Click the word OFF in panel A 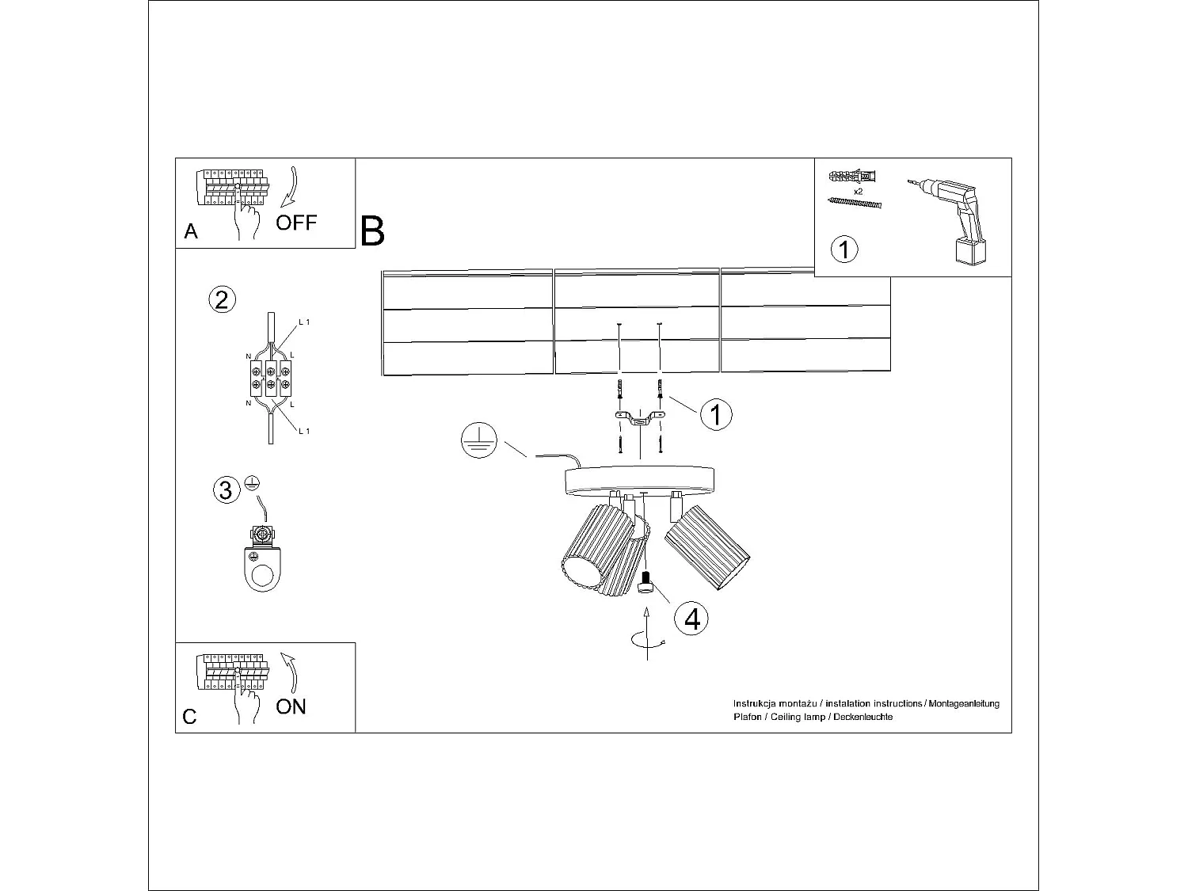[x=296, y=223]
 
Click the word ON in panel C [x=291, y=706]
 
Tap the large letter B [x=372, y=231]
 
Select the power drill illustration [x=952, y=218]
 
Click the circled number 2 [x=222, y=299]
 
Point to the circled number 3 [x=226, y=489]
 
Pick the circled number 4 [x=691, y=619]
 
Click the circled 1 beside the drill [x=844, y=249]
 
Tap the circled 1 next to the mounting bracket [x=716, y=414]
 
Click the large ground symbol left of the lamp [x=478, y=441]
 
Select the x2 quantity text [x=858, y=192]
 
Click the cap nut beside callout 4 [x=645, y=584]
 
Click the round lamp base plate [x=640, y=480]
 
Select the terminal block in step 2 [x=269, y=378]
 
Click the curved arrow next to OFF [x=289, y=187]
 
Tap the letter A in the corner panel [x=190, y=231]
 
